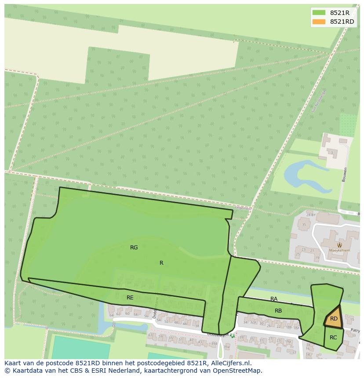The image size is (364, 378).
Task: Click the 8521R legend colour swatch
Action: point(320,13)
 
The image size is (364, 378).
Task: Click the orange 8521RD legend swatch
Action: point(320,22)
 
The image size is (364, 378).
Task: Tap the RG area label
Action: point(134,248)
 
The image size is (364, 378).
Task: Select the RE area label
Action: point(130,298)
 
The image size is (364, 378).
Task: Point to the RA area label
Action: point(274,299)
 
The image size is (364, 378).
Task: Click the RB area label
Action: point(278,311)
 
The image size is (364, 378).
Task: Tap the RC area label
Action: point(333,338)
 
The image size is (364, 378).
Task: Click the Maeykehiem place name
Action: point(339,251)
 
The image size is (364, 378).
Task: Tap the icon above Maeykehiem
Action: point(339,245)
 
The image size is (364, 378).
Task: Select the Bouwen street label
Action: point(345,174)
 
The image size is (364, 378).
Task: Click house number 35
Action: point(303,225)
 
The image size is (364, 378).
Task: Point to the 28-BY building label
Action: point(311,215)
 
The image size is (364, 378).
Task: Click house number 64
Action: point(111,315)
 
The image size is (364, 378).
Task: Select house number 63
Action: point(150,335)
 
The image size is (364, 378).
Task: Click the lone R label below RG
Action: point(161,263)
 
